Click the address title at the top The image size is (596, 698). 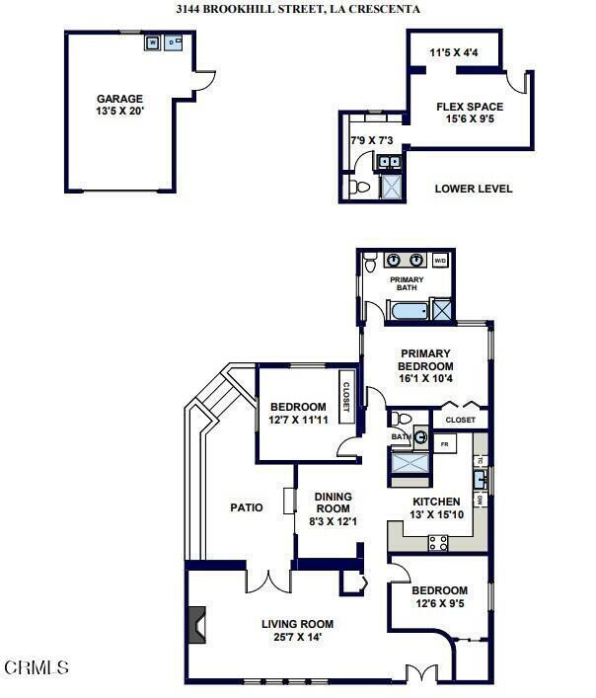coord(298,9)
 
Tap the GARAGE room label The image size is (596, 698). coord(119,99)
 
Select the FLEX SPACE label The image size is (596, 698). coord(470,107)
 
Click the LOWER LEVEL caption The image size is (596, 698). coord(474,189)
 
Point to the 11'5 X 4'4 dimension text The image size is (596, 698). coord(455,52)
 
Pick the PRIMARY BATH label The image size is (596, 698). coord(407,283)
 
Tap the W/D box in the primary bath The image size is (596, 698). coord(440,262)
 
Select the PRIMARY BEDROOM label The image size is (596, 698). coord(425,359)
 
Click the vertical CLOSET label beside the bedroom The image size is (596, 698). coord(346,390)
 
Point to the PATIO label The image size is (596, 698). coord(247,507)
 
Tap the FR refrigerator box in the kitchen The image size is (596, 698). coord(445,445)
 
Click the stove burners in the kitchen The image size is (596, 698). coord(437,542)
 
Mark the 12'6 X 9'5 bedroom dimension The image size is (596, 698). coord(440,603)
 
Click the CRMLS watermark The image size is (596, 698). coord(37,668)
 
